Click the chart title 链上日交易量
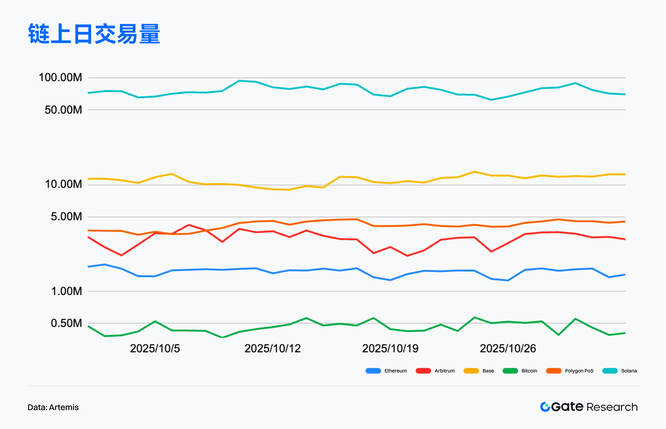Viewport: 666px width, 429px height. pyautogui.click(x=94, y=34)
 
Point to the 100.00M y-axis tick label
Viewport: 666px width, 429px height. pyautogui.click(x=60, y=78)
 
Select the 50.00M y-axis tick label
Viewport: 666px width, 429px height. pyautogui.click(x=64, y=110)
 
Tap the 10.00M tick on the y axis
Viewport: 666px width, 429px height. pyautogui.click(x=64, y=184)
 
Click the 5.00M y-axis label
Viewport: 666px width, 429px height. pyautogui.click(x=67, y=216)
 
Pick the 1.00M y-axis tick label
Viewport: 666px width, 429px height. pyautogui.click(x=67, y=291)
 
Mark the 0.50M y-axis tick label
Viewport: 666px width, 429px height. pyautogui.click(x=67, y=323)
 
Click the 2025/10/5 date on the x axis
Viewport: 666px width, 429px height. pyautogui.click(x=155, y=348)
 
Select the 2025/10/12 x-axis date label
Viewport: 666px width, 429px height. pyautogui.click(x=273, y=348)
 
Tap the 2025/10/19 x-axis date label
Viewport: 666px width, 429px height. pyautogui.click(x=390, y=348)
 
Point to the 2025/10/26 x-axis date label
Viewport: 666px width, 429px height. pyautogui.click(x=508, y=348)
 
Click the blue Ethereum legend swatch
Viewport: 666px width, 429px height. pyautogui.click(x=373, y=371)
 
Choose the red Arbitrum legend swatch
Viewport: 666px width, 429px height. pyautogui.click(x=423, y=371)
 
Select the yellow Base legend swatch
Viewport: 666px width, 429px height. pyautogui.click(x=471, y=371)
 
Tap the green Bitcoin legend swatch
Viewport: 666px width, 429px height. pyautogui.click(x=510, y=371)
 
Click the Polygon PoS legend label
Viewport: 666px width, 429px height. pyautogui.click(x=579, y=371)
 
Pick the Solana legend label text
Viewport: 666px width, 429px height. pyautogui.click(x=629, y=371)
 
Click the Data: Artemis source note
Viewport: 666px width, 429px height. pyautogui.click(x=53, y=407)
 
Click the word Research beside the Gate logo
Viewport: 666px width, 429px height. pyautogui.click(x=612, y=407)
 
